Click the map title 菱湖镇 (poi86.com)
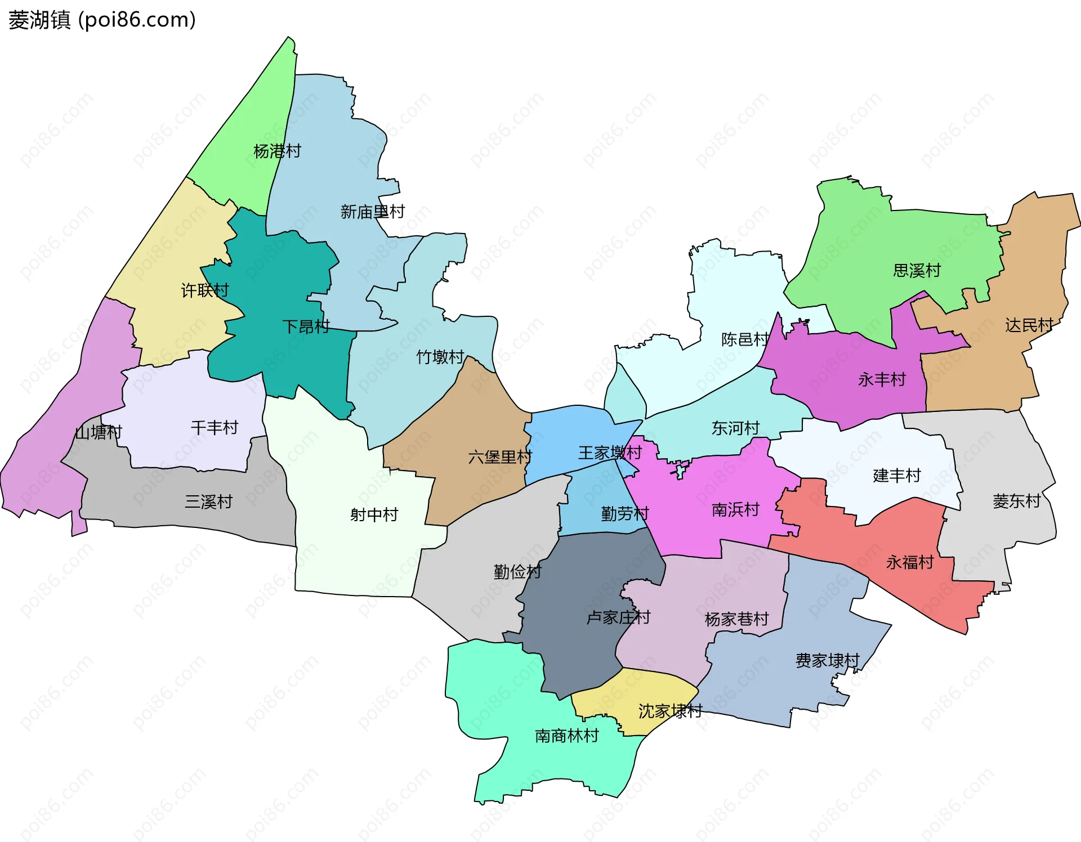[x=102, y=20]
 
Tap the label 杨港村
[x=277, y=151]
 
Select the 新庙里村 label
[x=372, y=212]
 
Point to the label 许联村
[x=205, y=290]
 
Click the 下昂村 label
[x=306, y=326]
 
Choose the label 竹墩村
[x=440, y=357]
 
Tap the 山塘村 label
[x=99, y=432]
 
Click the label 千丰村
[x=215, y=428]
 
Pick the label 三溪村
[x=209, y=501]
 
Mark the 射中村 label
[x=374, y=514]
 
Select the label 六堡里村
[x=500, y=457]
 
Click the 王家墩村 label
[x=610, y=453]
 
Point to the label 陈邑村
[x=745, y=339]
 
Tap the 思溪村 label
[x=917, y=271]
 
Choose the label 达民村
[x=1029, y=325]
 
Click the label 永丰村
[x=882, y=380]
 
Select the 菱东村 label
[x=1016, y=501]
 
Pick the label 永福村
[x=910, y=562]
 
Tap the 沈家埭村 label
[x=670, y=711]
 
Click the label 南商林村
[x=566, y=736]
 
